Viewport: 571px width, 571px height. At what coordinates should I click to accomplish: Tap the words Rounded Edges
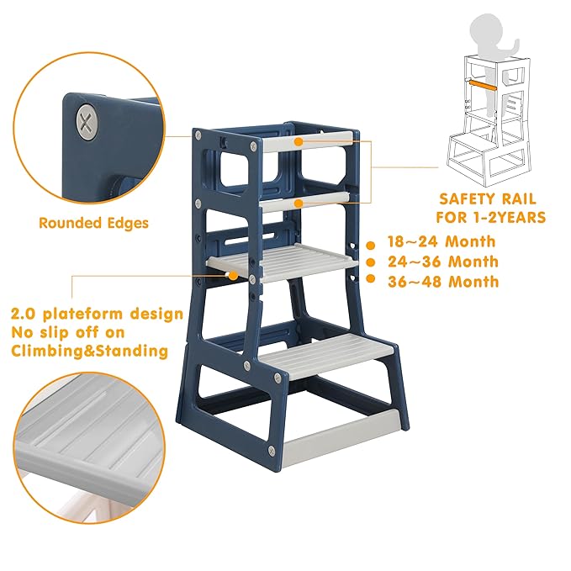93,223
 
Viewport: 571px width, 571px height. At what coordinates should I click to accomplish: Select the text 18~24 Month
442,241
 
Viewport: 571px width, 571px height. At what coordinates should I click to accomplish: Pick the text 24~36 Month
442,262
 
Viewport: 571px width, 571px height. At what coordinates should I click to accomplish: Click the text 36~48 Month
442,282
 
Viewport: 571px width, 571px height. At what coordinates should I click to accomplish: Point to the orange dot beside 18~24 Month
370,245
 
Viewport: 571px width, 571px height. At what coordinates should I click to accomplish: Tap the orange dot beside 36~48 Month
370,283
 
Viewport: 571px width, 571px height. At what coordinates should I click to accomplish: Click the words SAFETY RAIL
487,199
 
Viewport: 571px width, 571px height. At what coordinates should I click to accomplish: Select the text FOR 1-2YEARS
487,218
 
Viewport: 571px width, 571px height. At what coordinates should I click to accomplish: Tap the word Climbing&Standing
89,351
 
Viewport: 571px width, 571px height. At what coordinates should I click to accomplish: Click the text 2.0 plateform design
96,314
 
